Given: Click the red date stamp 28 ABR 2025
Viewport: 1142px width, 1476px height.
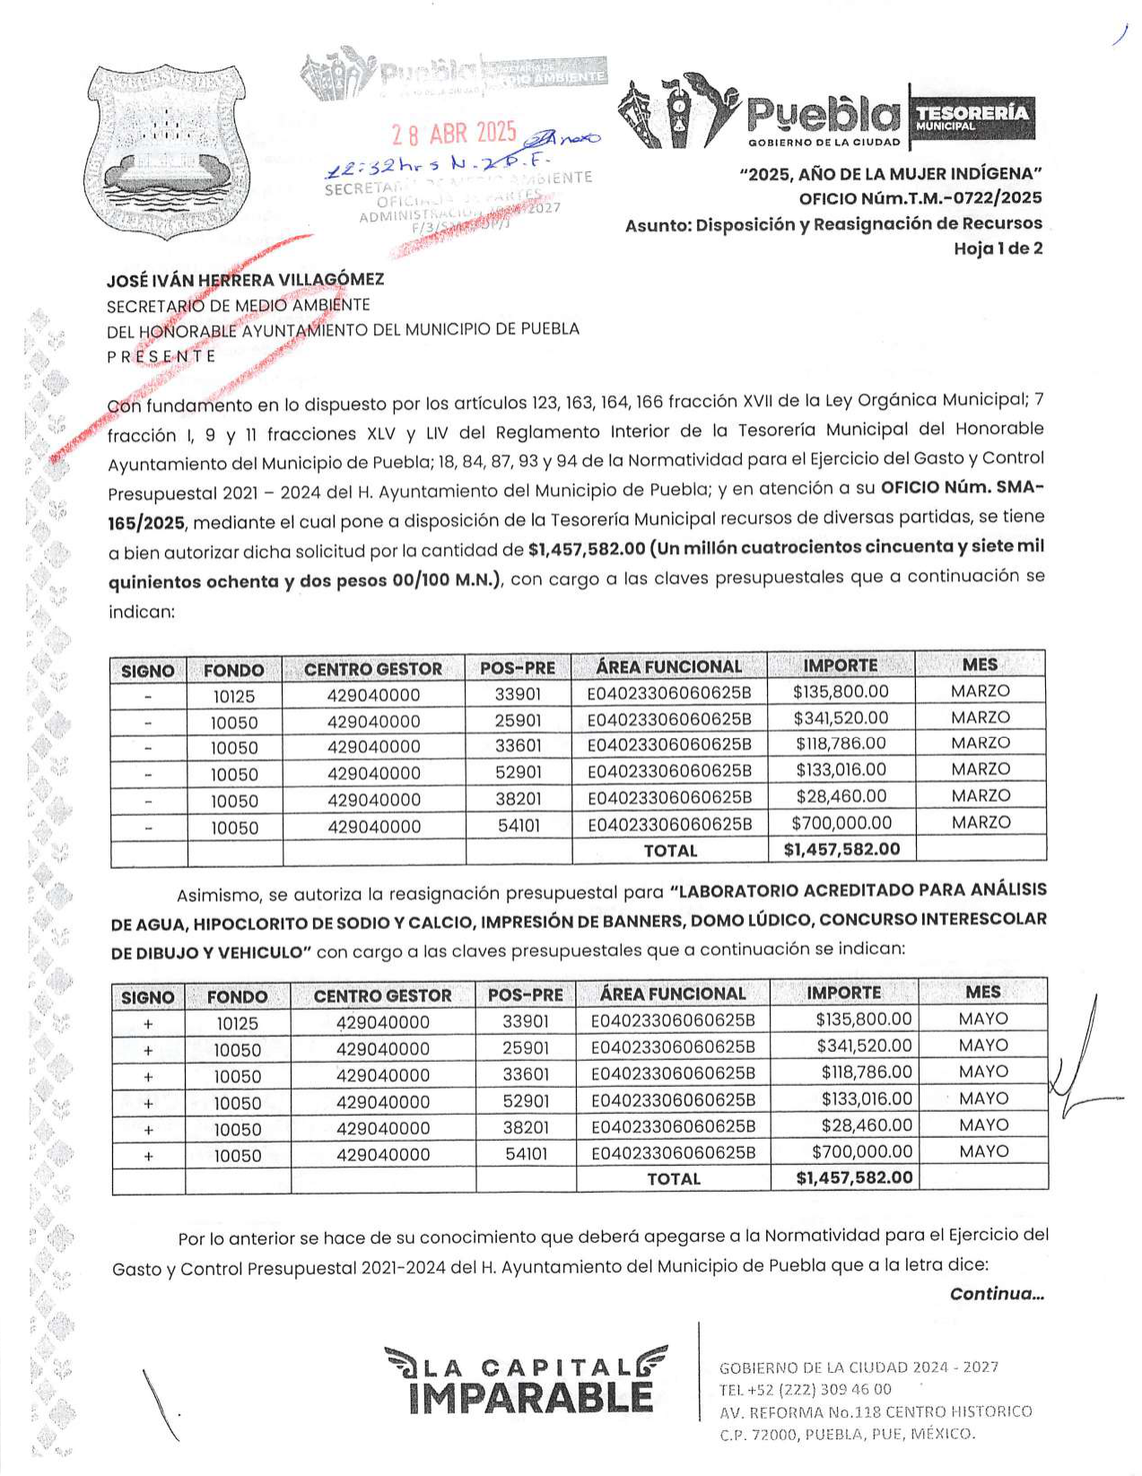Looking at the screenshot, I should [454, 134].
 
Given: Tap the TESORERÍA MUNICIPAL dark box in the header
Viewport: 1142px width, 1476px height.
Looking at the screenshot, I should [972, 117].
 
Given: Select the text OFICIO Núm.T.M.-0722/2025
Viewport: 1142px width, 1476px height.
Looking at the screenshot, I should [920, 198].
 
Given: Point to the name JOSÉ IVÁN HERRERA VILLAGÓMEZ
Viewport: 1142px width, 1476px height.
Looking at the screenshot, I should [245, 280].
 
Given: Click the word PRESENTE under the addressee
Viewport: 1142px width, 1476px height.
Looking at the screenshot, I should [161, 356].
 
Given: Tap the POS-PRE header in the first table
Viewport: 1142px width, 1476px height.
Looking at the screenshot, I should [518, 668].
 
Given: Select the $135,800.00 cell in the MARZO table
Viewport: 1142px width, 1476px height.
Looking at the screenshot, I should [841, 691].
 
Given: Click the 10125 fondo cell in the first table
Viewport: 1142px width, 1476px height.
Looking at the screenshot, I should [234, 696].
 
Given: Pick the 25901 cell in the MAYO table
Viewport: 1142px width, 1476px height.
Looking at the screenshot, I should [526, 1047].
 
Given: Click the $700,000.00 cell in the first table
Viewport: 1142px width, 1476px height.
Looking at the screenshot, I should [841, 823].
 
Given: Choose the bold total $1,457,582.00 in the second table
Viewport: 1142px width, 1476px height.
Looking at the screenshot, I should [854, 1177].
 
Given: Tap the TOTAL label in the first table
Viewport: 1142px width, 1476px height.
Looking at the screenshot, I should [670, 850].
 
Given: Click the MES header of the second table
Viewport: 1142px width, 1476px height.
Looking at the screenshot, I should [983, 993].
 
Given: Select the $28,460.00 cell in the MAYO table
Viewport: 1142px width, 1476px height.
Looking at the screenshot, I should [867, 1125].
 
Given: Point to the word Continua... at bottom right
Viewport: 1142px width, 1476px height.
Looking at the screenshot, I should [997, 1294].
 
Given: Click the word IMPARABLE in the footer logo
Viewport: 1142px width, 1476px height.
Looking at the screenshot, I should [530, 1398].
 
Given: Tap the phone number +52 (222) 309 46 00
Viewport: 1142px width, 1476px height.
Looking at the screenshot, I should [805, 1389].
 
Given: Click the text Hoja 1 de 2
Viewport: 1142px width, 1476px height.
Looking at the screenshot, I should [998, 248].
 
